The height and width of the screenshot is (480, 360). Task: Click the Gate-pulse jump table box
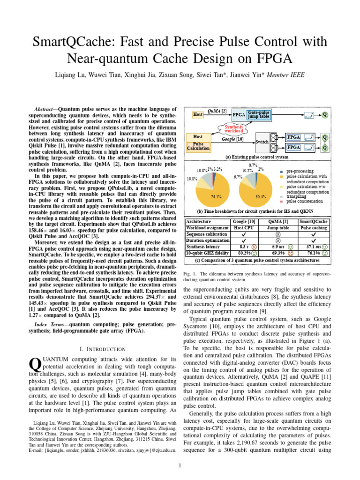(258, 115)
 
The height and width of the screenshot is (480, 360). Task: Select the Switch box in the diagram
(261, 141)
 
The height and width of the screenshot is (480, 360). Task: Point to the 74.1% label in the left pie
(216, 196)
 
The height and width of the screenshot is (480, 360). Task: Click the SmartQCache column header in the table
(314, 221)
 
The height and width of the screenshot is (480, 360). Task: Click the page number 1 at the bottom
(180, 465)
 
